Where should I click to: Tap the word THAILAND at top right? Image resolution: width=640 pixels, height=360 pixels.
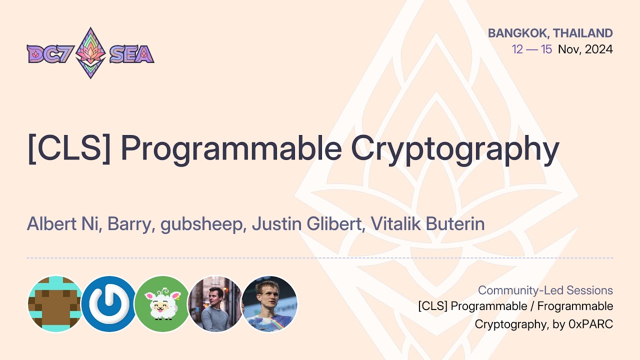point(583,33)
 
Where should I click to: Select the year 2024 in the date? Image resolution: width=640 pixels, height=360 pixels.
point(598,49)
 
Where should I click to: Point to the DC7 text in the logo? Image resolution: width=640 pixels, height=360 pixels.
point(49,54)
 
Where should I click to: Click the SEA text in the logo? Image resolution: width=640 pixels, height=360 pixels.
point(131,54)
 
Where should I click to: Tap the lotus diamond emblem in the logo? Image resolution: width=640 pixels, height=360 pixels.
point(90,53)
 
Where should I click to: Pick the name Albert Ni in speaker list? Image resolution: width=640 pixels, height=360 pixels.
point(64,224)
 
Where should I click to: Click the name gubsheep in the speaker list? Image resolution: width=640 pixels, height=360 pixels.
point(202,224)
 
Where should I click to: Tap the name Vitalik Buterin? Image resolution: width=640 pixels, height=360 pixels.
point(427,224)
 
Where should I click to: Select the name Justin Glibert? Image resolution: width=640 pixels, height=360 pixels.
point(306,224)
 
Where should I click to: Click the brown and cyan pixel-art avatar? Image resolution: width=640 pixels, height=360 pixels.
point(55,303)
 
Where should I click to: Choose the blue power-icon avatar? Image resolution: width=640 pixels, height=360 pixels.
point(108,303)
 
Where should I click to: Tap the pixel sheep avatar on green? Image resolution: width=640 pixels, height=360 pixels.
point(162,303)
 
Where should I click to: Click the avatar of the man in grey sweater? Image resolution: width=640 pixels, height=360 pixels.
point(215,303)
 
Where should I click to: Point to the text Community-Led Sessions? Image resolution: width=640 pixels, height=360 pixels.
point(545,290)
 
